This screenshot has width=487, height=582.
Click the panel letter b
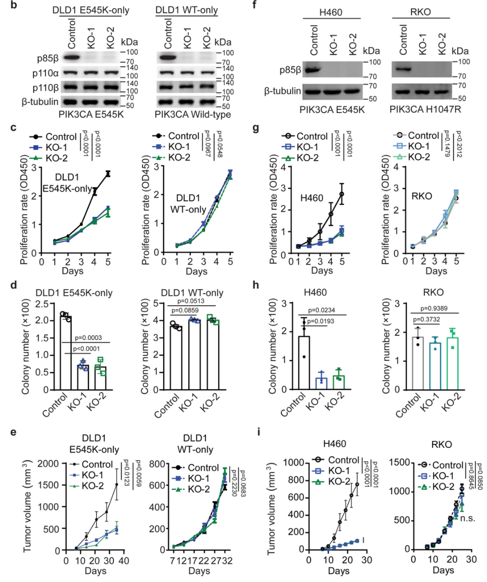tap(14, 6)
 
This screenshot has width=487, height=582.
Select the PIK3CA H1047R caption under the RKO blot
tap(425, 109)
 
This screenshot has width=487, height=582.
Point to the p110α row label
tap(46, 73)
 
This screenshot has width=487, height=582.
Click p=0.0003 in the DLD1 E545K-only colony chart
tap(88, 338)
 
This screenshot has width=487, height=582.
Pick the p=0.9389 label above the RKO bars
tap(434, 308)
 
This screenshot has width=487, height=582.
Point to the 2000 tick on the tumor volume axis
tap(48, 464)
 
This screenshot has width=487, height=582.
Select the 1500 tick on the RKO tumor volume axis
tap(400, 463)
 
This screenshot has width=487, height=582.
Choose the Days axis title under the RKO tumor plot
tap(443, 570)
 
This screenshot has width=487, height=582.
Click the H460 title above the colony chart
tap(315, 293)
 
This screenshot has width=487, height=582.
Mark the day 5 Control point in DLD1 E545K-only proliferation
tap(108, 173)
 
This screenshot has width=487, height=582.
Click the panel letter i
tap(258, 432)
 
